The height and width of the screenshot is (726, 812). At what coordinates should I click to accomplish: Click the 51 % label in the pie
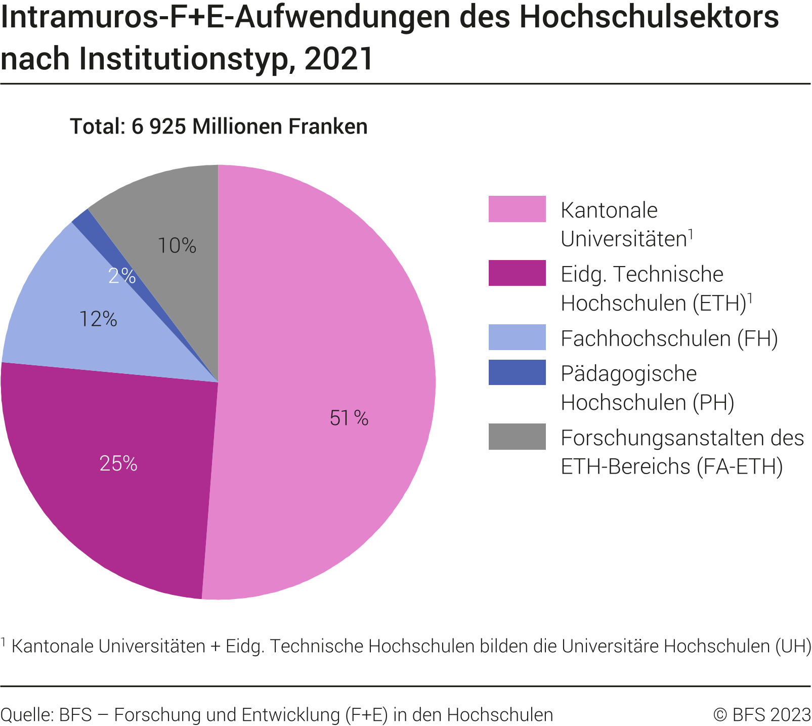pyautogui.click(x=349, y=418)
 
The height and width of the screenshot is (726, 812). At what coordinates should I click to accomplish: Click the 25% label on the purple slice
pyautogui.click(x=118, y=463)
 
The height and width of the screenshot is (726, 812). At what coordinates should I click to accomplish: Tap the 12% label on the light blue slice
pyautogui.click(x=98, y=319)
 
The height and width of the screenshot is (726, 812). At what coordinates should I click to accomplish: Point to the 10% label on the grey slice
pyautogui.click(x=177, y=246)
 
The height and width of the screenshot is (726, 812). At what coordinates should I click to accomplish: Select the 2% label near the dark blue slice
pyautogui.click(x=121, y=276)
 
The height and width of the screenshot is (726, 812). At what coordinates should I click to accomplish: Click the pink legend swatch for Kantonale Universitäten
pyautogui.click(x=517, y=209)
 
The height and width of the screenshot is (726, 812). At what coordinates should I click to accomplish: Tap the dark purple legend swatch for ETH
pyautogui.click(x=517, y=273)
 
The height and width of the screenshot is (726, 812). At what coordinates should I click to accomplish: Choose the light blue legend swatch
pyautogui.click(x=517, y=337)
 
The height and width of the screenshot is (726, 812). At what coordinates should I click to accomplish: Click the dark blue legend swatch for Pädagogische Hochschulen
pyautogui.click(x=517, y=372)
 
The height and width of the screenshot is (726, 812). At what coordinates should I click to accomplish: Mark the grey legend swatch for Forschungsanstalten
pyautogui.click(x=517, y=437)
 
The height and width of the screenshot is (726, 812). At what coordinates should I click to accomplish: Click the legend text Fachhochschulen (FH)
pyautogui.click(x=669, y=338)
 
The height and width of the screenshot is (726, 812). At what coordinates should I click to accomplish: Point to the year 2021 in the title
pyautogui.click(x=339, y=59)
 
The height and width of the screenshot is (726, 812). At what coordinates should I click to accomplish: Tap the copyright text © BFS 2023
pyautogui.click(x=762, y=715)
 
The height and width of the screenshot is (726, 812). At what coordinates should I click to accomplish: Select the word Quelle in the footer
pyautogui.click(x=25, y=715)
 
